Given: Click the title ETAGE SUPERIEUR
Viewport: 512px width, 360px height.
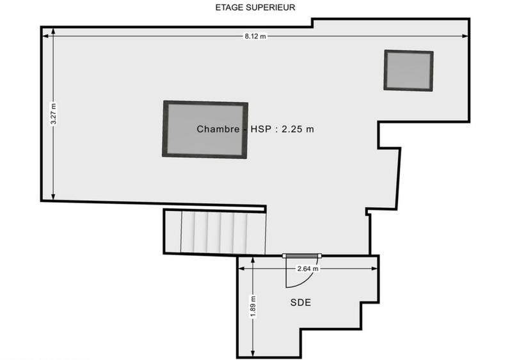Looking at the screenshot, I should click(255, 8).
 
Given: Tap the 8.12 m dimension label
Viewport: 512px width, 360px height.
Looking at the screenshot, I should click(255, 36).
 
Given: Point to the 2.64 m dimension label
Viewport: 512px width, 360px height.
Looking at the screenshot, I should click(307, 269).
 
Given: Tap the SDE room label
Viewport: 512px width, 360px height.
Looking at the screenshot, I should click(300, 302).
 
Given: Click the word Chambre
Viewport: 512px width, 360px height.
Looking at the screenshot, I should click(218, 129).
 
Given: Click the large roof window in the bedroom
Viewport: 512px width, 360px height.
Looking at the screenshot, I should click(205, 129).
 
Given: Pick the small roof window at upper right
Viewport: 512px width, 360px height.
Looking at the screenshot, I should click(408, 70).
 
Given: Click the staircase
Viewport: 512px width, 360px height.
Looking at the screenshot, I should click(214, 232).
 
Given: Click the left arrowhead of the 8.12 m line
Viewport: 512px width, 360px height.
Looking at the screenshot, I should click(45, 36).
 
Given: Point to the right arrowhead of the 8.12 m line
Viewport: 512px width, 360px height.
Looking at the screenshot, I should click(468, 36).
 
